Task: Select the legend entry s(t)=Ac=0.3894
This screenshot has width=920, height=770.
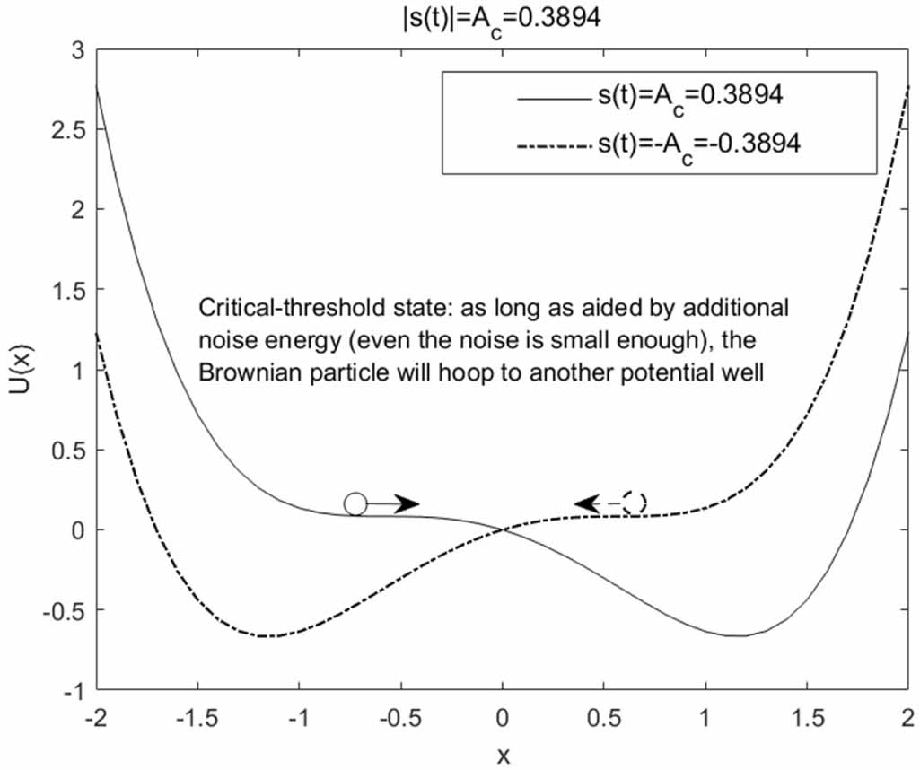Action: pos(683,96)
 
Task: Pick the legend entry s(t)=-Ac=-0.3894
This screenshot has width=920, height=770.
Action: pos(698,144)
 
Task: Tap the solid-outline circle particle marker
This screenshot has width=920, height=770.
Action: pos(355,503)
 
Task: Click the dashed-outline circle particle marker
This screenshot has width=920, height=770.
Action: pos(635,503)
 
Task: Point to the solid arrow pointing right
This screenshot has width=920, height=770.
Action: pos(394,503)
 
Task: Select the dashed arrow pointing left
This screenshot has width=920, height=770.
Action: pos(598,504)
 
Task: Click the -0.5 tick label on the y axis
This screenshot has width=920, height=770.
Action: pos(62,610)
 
